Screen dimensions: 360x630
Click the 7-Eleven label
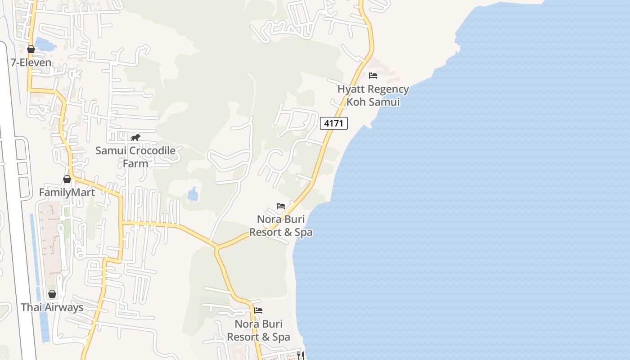31,62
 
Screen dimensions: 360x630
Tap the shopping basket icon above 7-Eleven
31,49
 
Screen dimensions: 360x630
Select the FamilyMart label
67,193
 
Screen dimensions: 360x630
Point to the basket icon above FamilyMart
67,179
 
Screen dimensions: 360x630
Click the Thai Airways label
52,307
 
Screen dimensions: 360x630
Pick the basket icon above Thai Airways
52,294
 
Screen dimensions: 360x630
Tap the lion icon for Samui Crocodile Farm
135,137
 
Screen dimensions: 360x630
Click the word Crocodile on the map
153,150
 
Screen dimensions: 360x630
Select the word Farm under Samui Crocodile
135,163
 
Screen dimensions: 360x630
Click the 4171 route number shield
334,123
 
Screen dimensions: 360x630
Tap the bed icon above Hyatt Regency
373,76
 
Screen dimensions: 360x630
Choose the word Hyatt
351,89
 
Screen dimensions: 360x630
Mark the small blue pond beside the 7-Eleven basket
45,44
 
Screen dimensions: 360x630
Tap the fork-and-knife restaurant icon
301,355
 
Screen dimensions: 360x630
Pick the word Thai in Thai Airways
30,307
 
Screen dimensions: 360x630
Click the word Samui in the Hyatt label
384,102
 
